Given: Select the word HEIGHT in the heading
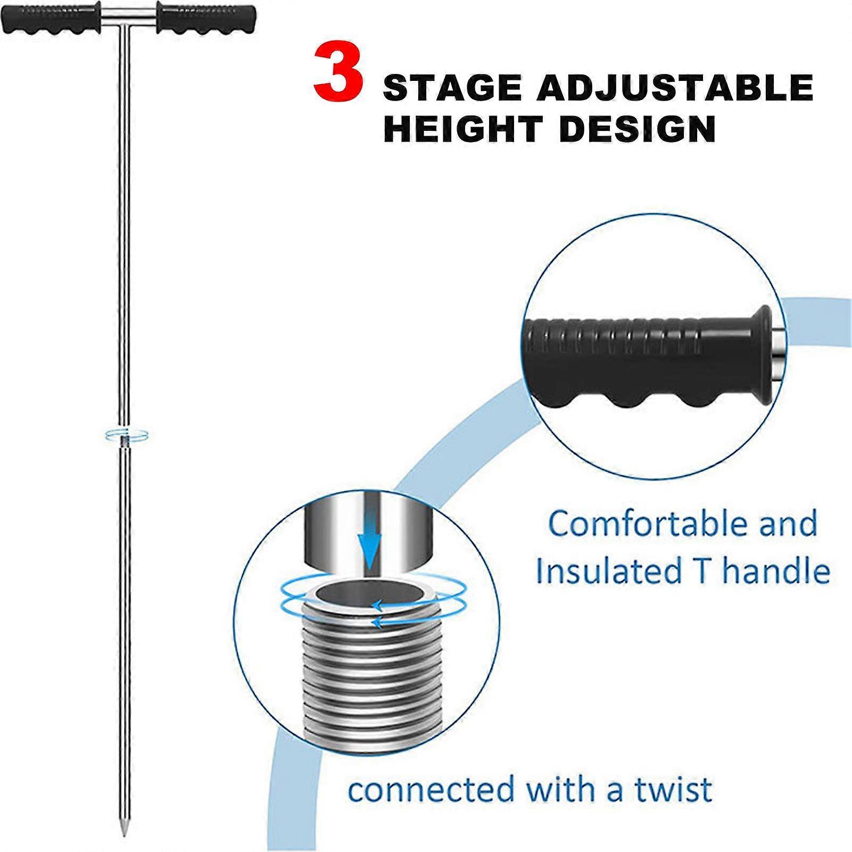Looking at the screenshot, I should coord(462,129).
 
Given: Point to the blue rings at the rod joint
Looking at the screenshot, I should coord(126,435).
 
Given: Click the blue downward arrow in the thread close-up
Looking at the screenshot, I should coord(370,548).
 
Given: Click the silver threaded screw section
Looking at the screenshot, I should coord(367,676).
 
